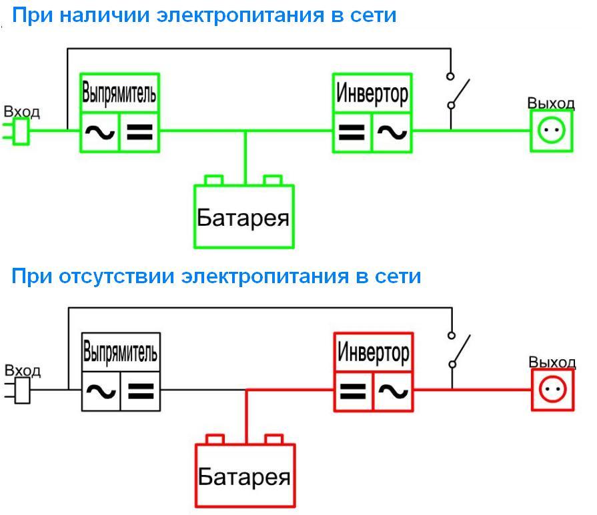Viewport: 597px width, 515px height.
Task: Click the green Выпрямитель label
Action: point(119,93)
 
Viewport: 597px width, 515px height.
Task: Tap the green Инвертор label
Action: point(372,93)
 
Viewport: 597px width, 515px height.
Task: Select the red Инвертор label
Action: point(373,352)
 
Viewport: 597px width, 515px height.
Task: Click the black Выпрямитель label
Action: point(120,352)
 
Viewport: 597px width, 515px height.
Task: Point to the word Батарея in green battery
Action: point(243,218)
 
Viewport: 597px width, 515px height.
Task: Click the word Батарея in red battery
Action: point(244,477)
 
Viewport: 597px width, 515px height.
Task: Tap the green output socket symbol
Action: point(552,131)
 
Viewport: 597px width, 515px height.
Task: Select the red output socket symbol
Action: point(552,390)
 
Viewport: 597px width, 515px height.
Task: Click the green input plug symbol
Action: point(17,131)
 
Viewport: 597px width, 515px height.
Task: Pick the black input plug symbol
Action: point(17,390)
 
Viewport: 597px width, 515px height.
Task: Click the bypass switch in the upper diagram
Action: point(458,91)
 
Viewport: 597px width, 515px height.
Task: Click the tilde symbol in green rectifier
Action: point(100,133)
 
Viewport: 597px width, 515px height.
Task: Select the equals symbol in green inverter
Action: point(352,132)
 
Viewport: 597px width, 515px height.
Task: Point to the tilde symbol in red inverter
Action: point(393,391)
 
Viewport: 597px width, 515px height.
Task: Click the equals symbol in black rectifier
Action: point(141,391)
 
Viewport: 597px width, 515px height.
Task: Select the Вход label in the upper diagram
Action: point(22,112)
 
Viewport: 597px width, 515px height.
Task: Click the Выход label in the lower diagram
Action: point(552,362)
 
